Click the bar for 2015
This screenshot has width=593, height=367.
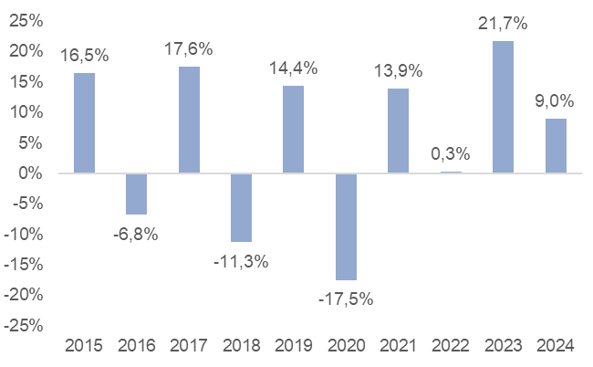[x=84, y=122]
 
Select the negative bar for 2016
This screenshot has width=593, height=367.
[x=136, y=194]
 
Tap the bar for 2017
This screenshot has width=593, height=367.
[x=189, y=120]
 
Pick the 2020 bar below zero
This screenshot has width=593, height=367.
[x=346, y=226]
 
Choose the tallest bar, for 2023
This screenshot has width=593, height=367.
[x=503, y=107]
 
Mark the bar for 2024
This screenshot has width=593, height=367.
[x=556, y=145]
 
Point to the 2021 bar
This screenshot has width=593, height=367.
[x=398, y=131]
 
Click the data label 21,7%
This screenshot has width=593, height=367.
[x=503, y=21]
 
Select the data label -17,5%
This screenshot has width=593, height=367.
[x=346, y=299]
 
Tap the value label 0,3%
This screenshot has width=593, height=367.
[x=451, y=152]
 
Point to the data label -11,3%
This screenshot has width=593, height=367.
[x=241, y=261]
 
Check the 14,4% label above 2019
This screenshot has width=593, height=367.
[x=293, y=67]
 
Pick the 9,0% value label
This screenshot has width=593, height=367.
[x=556, y=100]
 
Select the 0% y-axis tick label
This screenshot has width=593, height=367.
[x=32, y=173]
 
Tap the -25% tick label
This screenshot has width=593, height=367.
[x=25, y=325]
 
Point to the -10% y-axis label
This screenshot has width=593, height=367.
[x=25, y=234]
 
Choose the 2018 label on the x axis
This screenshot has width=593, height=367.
[x=241, y=347]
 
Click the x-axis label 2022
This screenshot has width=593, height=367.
[x=451, y=347]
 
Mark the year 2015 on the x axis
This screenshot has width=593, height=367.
[x=84, y=347]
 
